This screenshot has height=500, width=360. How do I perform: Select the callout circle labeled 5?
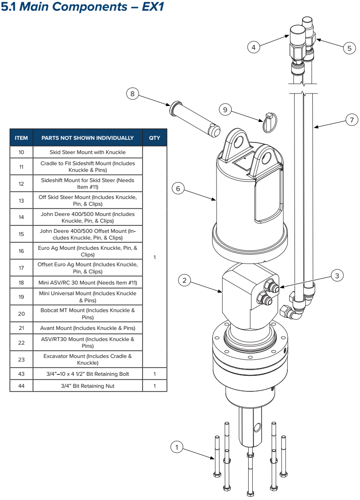click(349, 47)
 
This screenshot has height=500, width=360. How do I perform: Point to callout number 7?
click(352, 121)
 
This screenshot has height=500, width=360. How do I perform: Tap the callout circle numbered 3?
click(337, 276)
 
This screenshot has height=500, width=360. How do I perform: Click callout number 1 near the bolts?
click(177, 447)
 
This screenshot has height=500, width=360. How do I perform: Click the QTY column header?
click(155, 138)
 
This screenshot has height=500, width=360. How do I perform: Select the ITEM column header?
click(21, 138)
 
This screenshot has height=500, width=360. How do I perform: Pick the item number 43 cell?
click(21, 374)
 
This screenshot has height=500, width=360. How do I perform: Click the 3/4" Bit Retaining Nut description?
click(88, 386)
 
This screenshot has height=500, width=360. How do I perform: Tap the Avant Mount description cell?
click(88, 328)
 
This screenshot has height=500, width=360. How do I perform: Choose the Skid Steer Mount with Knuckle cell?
click(88, 152)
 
